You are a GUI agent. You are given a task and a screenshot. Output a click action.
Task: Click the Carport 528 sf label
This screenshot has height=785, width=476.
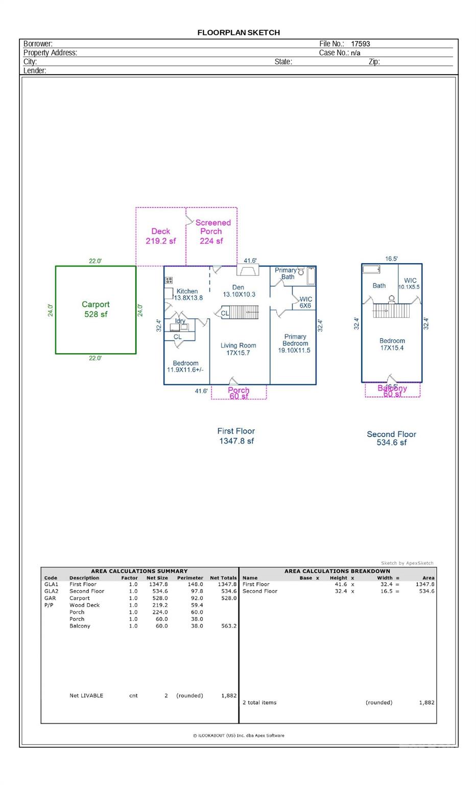click(96, 309)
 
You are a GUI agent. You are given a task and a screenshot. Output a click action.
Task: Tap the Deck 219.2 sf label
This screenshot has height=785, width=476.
click(160, 236)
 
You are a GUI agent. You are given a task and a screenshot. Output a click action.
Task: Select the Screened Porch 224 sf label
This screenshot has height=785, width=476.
click(212, 232)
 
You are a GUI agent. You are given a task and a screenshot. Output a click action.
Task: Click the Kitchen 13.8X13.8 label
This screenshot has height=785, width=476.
click(188, 294)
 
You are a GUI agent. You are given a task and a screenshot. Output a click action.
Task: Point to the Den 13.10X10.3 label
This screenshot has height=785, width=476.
click(239, 291)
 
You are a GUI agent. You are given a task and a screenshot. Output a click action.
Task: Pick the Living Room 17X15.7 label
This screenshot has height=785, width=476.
click(238, 349)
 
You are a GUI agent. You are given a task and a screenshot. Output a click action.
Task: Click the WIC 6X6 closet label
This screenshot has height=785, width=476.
click(305, 303)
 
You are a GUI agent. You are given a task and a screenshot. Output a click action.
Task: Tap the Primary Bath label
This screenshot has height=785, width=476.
click(286, 273)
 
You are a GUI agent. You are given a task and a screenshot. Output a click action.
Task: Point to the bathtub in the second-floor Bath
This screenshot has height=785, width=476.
click(371, 269)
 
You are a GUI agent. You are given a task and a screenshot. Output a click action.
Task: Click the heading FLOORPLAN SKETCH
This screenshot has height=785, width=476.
click(239, 32)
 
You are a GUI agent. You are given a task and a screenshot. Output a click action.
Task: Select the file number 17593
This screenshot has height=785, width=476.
click(360, 44)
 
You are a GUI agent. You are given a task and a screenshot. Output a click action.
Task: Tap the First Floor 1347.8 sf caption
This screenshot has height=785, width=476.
click(236, 436)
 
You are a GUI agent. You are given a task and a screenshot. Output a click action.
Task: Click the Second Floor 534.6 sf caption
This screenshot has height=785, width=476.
click(391, 438)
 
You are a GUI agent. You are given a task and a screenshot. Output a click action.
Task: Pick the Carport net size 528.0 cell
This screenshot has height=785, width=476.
click(158, 598)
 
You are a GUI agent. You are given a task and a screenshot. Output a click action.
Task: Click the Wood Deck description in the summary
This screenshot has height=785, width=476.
click(84, 605)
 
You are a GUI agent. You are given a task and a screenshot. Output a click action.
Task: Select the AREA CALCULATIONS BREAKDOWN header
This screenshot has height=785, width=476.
click(337, 571)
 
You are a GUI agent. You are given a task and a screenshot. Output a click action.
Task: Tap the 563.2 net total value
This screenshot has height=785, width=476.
click(228, 626)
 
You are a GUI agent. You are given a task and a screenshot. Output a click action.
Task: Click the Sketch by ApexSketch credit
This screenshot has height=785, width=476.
click(407, 563)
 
